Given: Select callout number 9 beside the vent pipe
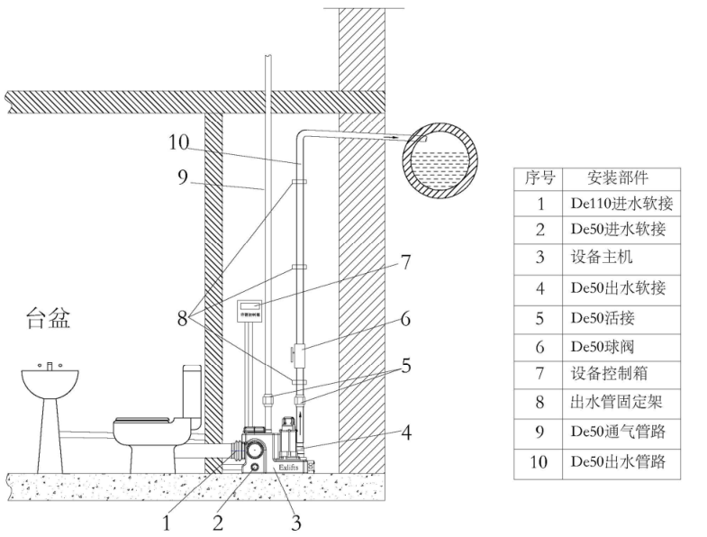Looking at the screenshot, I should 183,176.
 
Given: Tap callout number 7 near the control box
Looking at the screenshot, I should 405,262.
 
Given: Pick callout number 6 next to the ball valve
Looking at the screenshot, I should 405,319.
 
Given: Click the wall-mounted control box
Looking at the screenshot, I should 249,312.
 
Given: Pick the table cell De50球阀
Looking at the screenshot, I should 605,345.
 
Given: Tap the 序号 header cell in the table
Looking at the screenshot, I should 539,177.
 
